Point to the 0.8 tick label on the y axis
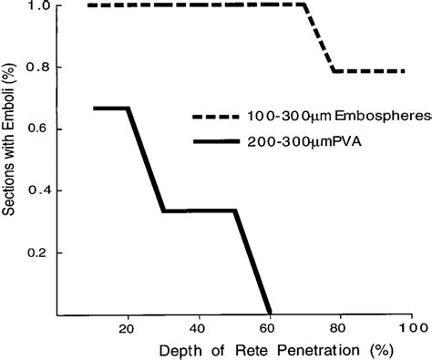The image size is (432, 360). [x=36, y=67]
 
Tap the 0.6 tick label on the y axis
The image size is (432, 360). [x=36, y=129]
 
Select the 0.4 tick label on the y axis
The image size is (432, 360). [x=36, y=190]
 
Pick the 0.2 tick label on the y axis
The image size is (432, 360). [x=36, y=252]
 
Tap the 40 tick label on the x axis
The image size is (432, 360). [x=198, y=328]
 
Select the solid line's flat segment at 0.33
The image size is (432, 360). [x=199, y=211]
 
